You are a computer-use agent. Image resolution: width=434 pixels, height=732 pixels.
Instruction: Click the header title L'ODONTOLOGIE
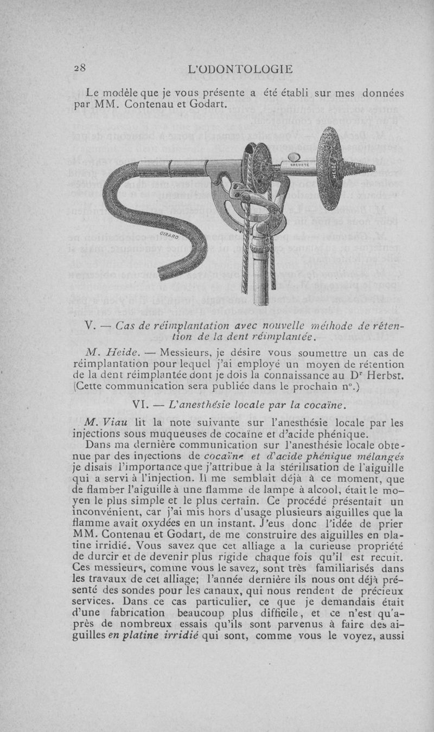click(239, 69)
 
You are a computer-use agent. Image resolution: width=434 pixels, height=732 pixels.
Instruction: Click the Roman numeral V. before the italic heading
click(91, 326)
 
